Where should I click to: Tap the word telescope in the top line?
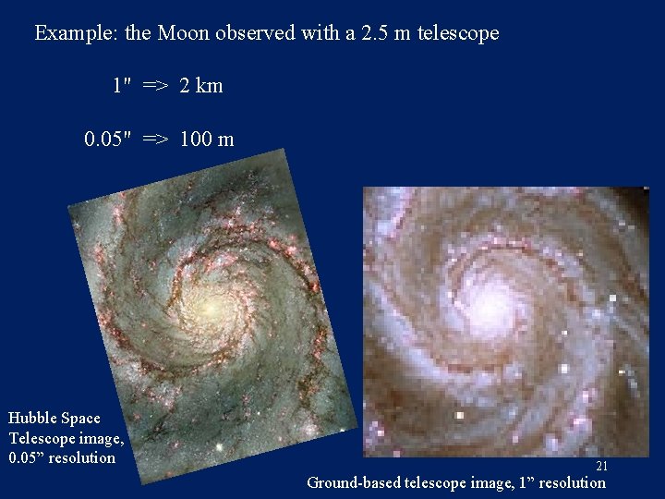point(457,33)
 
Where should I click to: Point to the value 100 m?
point(207,140)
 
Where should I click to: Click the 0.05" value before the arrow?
point(109,140)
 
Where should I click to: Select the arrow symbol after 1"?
point(155,86)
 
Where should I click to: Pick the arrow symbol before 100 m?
point(155,140)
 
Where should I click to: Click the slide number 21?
point(600,467)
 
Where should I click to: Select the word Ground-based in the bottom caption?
point(354,482)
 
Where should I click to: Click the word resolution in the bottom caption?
point(572,482)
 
